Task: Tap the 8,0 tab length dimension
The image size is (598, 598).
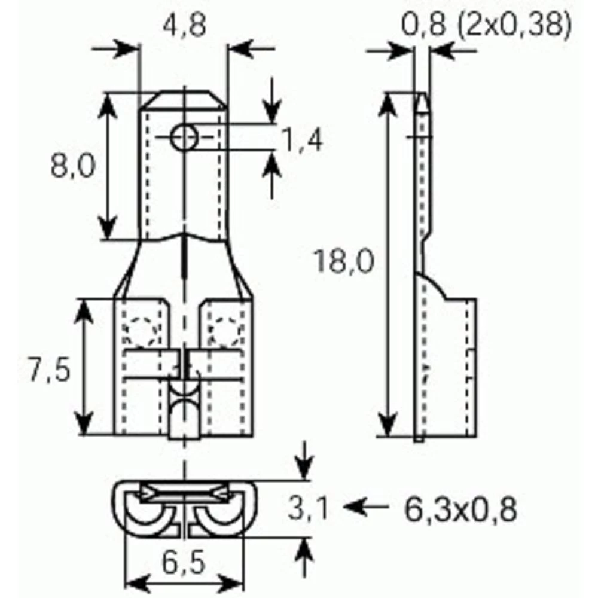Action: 72,167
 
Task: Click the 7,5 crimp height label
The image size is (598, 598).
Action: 48,371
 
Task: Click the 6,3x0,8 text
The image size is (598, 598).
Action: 460,509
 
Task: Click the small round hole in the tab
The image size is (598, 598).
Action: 184,138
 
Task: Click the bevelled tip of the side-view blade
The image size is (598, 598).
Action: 422,102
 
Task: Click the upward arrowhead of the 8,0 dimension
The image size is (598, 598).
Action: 108,102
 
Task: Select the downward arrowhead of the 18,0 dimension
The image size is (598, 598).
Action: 389,427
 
